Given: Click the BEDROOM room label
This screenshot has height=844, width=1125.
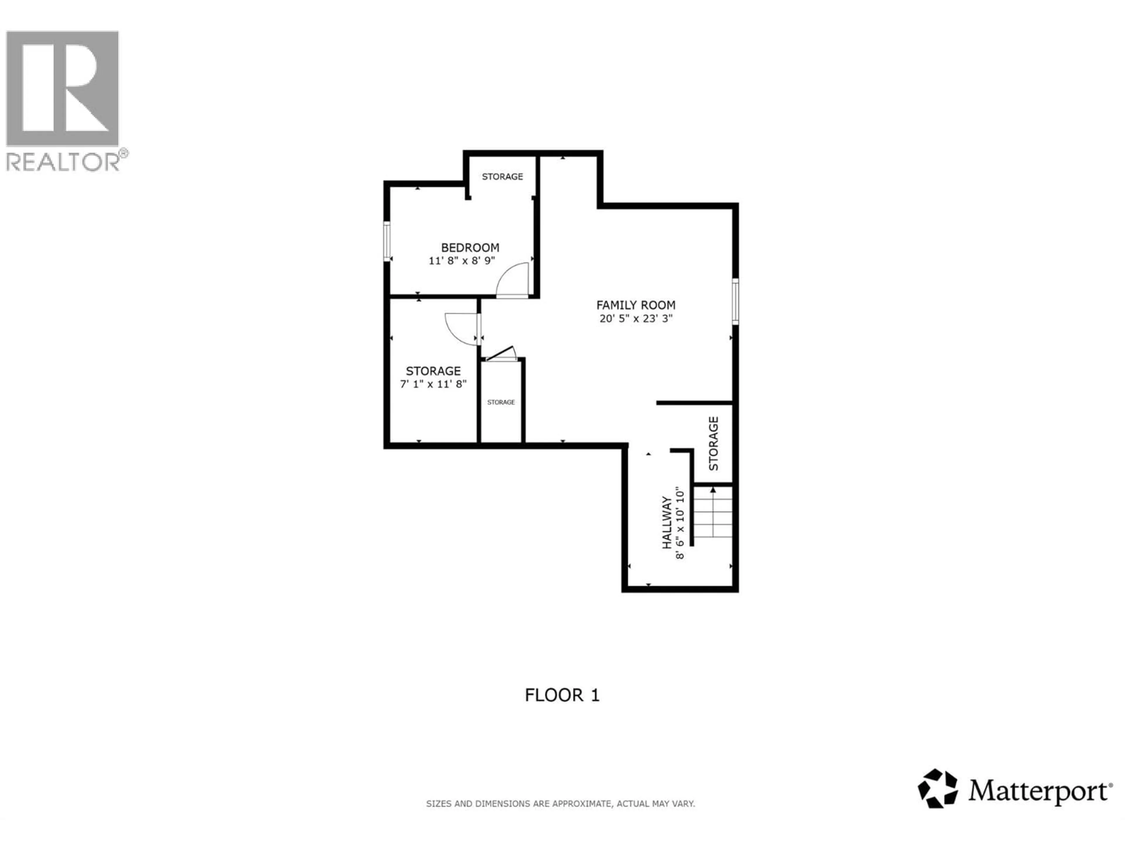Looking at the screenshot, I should (x=470, y=248).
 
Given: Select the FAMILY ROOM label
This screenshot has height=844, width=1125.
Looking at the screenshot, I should (x=636, y=305).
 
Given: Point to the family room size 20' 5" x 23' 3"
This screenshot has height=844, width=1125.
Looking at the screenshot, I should (x=636, y=319).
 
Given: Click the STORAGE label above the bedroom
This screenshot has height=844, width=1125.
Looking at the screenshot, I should (x=502, y=176).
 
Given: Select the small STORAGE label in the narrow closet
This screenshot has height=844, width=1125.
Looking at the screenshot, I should (x=501, y=402).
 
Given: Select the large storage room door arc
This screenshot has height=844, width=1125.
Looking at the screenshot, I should (x=460, y=330).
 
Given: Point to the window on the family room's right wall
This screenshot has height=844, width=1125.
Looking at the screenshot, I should (x=735, y=301).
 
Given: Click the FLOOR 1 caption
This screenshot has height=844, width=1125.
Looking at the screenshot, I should (x=562, y=695).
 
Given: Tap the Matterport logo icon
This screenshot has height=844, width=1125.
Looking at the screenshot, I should (x=937, y=789).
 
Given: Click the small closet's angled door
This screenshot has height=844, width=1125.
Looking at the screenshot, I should (x=501, y=354).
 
